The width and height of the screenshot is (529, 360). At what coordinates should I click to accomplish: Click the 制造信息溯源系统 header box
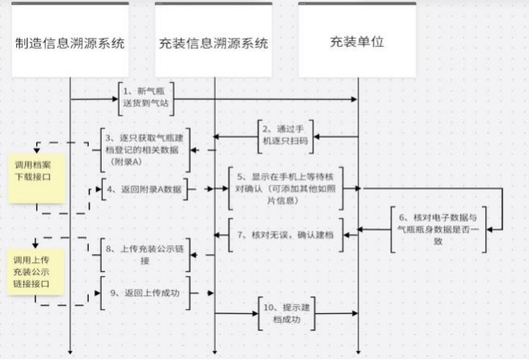coord(70,42)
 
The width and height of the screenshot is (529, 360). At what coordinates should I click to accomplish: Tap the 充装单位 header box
coord(357,42)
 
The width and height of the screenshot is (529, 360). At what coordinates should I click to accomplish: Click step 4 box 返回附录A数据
coord(145,189)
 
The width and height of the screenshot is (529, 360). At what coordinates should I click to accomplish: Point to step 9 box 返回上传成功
coord(145,292)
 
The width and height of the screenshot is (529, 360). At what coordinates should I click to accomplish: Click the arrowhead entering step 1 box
coord(115,99)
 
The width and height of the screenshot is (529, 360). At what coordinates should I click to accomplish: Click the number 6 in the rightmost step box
coord(403,217)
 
